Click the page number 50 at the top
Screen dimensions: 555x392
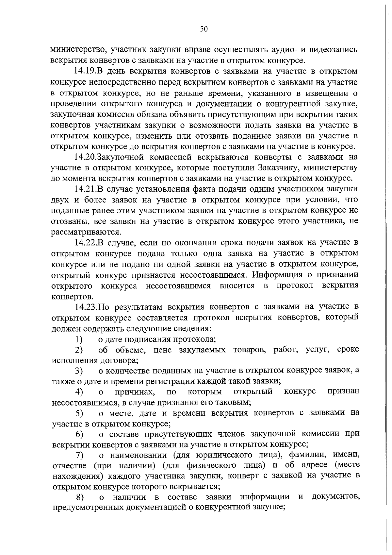pos(204,29)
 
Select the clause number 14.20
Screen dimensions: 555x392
pos(86,157)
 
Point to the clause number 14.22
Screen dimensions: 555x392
pos(86,243)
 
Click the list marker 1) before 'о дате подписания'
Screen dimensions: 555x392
pos(78,339)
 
